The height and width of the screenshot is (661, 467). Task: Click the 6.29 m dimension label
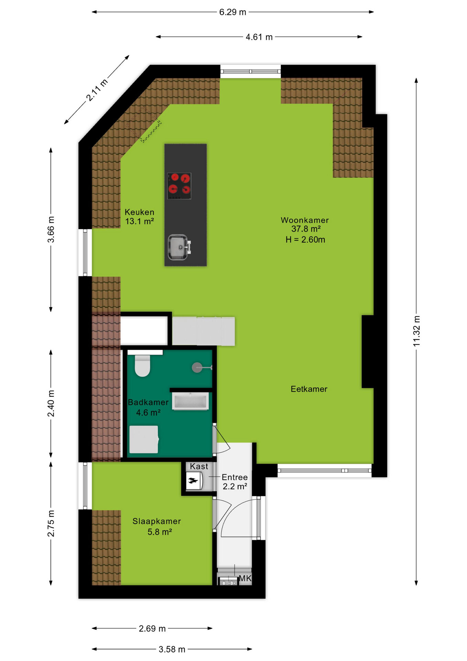point(233,12)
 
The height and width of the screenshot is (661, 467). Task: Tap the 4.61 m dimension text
point(259,37)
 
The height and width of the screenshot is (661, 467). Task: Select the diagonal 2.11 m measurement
point(97,90)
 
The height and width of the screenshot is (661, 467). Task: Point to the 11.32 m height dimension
point(416,331)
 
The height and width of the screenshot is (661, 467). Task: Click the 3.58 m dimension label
point(172,649)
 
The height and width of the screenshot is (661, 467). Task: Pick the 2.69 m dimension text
point(152,629)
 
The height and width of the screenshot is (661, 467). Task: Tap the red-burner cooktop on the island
point(179,186)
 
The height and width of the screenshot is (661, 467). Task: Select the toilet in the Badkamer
point(142,366)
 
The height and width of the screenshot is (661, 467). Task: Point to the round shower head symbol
point(197,368)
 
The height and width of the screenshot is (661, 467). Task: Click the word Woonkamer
point(305,220)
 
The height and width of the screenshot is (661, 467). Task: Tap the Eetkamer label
point(309,389)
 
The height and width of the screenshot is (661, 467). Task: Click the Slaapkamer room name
point(156,521)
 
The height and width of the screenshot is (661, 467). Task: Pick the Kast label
point(199,466)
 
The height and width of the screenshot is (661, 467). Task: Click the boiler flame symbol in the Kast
point(193,481)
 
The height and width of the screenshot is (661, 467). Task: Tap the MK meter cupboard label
point(245,578)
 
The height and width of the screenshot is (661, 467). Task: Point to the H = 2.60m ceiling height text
point(305,240)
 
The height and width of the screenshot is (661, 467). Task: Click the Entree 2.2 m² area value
point(235,486)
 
